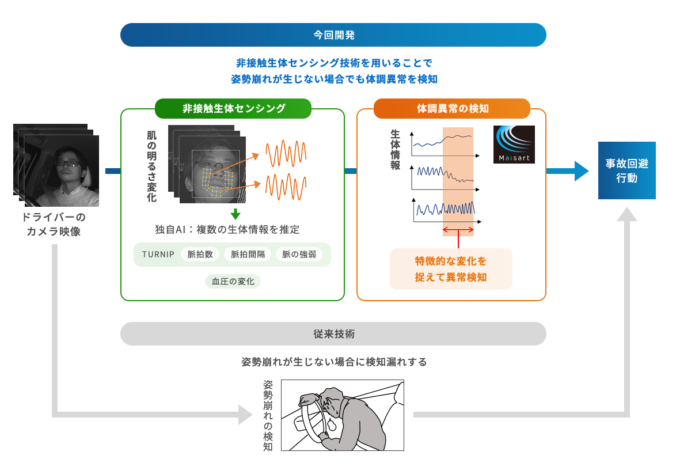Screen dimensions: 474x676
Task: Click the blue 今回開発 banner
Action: click(x=333, y=35)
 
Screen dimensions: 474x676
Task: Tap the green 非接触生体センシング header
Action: click(x=233, y=108)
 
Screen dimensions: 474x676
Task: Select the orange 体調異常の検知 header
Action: click(x=452, y=108)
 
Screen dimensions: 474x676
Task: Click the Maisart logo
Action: click(x=514, y=145)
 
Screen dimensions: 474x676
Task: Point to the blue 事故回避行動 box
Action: click(x=626, y=170)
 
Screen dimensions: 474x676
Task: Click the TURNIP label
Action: click(x=158, y=254)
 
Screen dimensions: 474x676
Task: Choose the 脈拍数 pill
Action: click(x=200, y=254)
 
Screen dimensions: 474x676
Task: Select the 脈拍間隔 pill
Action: click(x=248, y=254)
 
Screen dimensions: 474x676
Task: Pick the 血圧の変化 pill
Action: click(x=233, y=281)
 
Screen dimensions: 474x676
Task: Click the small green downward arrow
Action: click(x=235, y=214)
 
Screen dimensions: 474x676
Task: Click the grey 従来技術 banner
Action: click(x=333, y=333)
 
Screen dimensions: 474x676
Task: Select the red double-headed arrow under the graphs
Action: click(x=458, y=230)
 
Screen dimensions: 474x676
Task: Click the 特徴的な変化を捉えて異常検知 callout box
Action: click(x=451, y=269)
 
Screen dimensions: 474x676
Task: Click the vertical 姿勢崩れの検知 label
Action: click(x=268, y=415)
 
